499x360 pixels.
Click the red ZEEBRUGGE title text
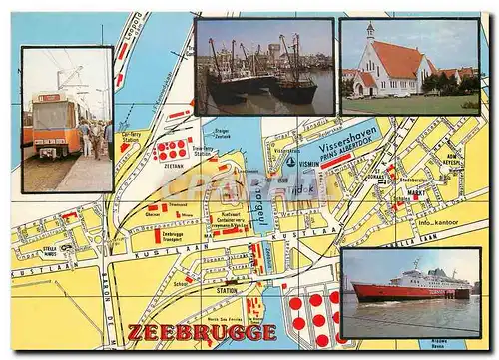[x=202, y=331]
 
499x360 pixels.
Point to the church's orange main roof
[x=398, y=61]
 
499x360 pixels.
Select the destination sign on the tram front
[x=48, y=98]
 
